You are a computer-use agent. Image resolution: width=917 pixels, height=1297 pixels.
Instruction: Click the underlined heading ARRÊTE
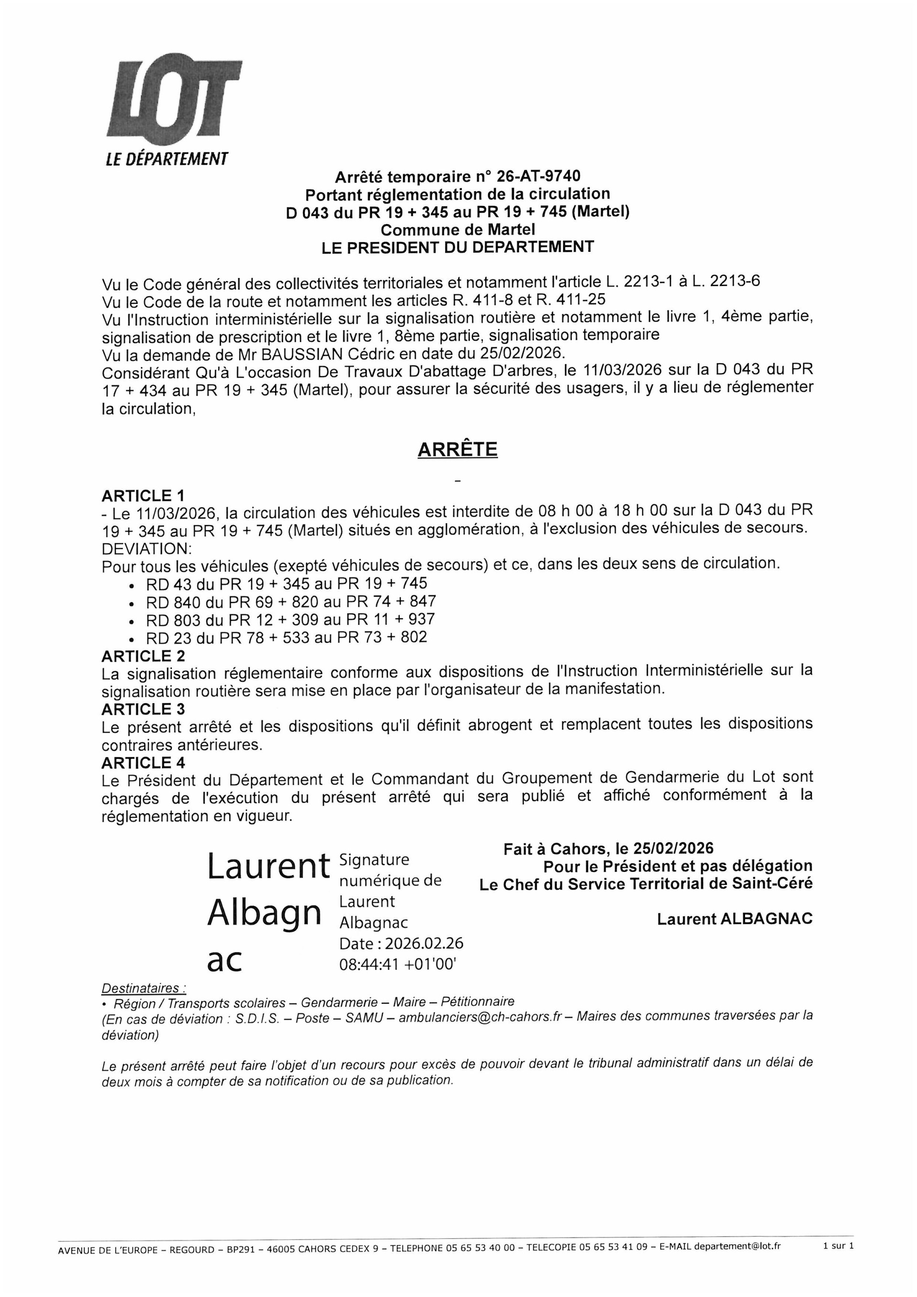(x=458, y=449)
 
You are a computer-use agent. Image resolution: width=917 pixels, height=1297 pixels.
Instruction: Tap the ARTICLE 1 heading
(x=143, y=496)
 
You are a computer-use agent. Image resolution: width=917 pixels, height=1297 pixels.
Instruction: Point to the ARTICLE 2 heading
(x=143, y=656)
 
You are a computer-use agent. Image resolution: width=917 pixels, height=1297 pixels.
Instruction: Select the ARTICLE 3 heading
(x=143, y=709)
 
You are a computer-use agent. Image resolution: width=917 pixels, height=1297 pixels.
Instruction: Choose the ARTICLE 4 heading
(x=143, y=762)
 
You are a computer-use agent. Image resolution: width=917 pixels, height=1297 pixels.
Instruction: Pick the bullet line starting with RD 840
(x=291, y=601)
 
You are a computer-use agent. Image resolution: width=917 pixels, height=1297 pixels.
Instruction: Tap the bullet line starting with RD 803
(x=290, y=620)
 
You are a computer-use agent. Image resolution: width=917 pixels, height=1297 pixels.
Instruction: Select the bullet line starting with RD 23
(x=286, y=637)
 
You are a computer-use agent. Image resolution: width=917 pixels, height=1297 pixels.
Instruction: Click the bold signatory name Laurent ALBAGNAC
(x=734, y=919)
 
